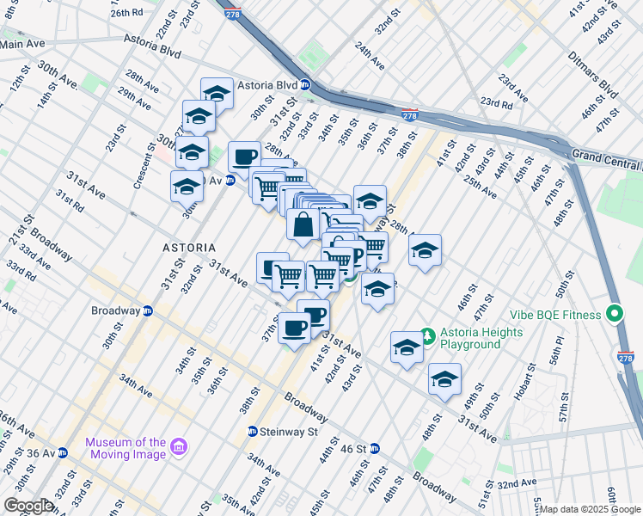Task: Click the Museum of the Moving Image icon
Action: click(x=179, y=446)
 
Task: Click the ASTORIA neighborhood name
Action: click(x=189, y=247)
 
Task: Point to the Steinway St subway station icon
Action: click(x=253, y=431)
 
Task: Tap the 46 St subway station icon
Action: click(x=374, y=448)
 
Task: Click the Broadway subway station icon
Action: click(x=147, y=310)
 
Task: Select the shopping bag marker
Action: click(x=303, y=226)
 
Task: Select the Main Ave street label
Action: click(x=23, y=43)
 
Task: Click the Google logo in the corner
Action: click(x=28, y=506)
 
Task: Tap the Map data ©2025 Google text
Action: click(x=590, y=509)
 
